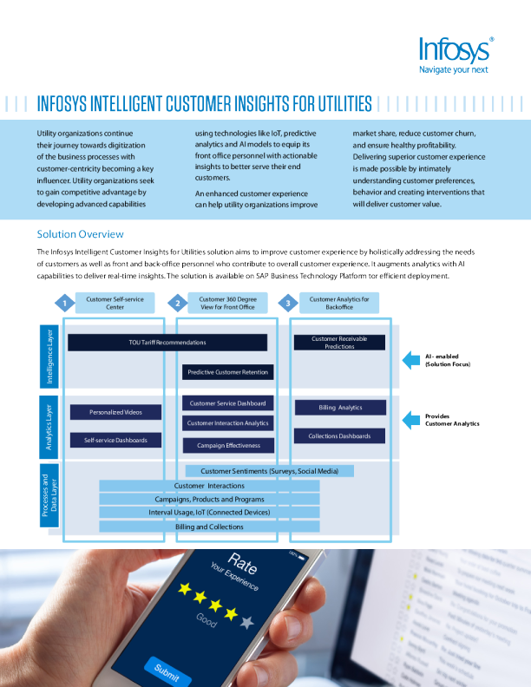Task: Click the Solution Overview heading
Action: (x=81, y=234)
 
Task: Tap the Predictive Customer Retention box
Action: (x=229, y=372)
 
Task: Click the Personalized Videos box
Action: (x=115, y=412)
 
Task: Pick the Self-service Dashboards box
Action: (x=115, y=440)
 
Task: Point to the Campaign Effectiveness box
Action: (x=229, y=445)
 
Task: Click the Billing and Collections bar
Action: (x=209, y=527)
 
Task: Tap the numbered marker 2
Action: (x=177, y=303)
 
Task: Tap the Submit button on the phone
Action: (x=167, y=669)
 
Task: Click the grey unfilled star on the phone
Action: (x=248, y=622)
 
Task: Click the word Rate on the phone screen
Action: (x=242, y=564)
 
